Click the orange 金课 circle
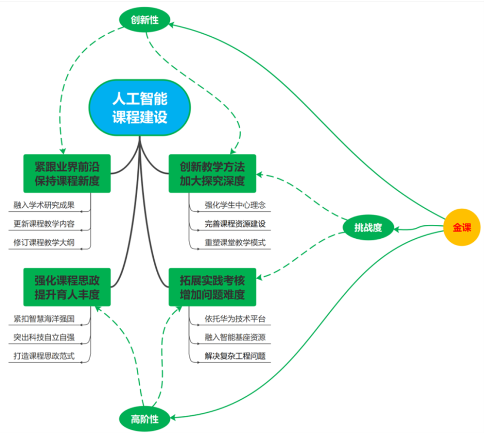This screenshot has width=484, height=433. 462,227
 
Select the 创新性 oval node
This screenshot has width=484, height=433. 144,20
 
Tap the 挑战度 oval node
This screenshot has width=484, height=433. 368,227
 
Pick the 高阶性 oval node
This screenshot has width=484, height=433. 144,419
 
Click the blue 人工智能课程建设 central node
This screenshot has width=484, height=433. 140,108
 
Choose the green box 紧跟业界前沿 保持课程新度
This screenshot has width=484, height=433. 67,174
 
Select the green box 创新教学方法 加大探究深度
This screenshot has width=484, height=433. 212,174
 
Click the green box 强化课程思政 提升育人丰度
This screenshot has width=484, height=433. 67,287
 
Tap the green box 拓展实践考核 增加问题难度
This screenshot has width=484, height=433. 212,287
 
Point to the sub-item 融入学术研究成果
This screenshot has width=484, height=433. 44,205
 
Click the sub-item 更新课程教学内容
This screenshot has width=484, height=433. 44,224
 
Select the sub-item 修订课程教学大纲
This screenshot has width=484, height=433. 44,242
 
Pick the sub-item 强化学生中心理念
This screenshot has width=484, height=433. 235,205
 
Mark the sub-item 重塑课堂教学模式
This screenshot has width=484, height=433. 235,242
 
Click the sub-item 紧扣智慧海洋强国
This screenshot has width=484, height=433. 44,319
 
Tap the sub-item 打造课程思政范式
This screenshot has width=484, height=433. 44,356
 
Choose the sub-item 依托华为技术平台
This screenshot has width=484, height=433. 235,319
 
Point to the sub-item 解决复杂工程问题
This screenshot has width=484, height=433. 235,356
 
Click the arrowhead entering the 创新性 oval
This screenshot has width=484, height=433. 171,25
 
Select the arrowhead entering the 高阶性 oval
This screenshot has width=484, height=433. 172,418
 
